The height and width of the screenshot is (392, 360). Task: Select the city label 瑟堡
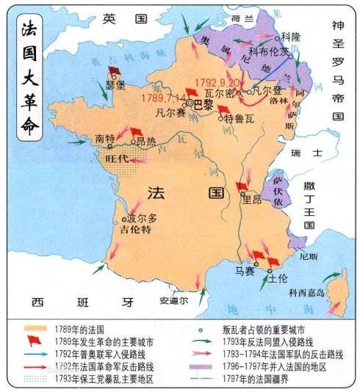pyautogui.click(x=115, y=84)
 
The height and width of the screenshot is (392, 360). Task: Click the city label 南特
pyautogui.click(x=104, y=137)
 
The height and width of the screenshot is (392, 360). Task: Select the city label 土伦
pyautogui.click(x=278, y=279)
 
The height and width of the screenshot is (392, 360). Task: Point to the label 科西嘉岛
pyautogui.click(x=308, y=292)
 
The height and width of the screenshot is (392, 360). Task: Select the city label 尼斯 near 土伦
pyautogui.click(x=309, y=257)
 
